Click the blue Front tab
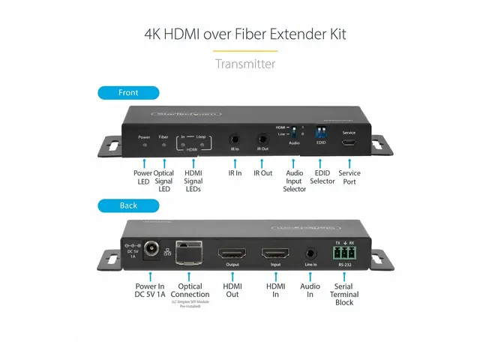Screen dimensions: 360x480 pyautogui.click(x=128, y=93)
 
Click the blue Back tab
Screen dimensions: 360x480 pyautogui.click(x=128, y=205)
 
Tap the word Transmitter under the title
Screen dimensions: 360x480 pyautogui.click(x=244, y=64)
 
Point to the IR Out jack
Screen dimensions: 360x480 pyautogui.click(x=263, y=139)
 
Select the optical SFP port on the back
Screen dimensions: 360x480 pyautogui.click(x=189, y=251)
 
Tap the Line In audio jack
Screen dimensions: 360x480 pyautogui.click(x=310, y=253)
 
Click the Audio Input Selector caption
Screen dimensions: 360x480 pyautogui.click(x=295, y=181)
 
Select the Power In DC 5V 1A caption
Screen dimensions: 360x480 pyautogui.click(x=150, y=290)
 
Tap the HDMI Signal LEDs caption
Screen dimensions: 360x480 pyautogui.click(x=193, y=181)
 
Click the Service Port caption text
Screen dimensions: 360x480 pyautogui.click(x=349, y=177)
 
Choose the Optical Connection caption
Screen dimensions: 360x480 pyautogui.click(x=190, y=290)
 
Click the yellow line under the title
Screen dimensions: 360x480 pyautogui.click(x=244, y=51)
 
